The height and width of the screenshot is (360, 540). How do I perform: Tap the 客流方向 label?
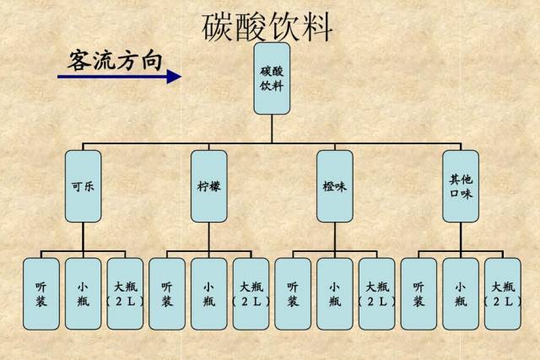click(115, 60)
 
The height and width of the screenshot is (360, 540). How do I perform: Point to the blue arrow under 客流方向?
click(119, 77)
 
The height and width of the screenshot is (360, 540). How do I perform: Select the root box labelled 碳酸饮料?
click(272, 78)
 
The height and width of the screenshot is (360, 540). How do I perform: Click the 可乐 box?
click(83, 186)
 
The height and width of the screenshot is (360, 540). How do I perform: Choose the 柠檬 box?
click(208, 186)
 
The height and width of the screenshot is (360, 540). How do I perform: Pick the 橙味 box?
click(334, 186)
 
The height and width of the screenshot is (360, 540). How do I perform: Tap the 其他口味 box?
click(461, 186)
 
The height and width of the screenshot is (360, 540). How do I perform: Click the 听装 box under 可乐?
click(41, 293)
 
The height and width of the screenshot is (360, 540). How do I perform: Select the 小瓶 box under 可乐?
click(83, 293)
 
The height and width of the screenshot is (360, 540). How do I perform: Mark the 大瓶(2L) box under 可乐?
click(124, 293)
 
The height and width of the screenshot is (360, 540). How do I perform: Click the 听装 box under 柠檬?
click(167, 293)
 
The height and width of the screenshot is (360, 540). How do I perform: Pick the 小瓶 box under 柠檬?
click(208, 293)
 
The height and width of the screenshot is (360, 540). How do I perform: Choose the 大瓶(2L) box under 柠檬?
click(251, 293)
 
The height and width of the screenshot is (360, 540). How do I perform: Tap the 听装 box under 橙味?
click(293, 293)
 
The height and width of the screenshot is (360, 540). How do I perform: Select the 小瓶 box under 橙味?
click(334, 293)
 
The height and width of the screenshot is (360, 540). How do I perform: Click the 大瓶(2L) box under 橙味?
click(376, 293)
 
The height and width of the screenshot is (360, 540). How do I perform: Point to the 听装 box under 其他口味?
click(418, 293)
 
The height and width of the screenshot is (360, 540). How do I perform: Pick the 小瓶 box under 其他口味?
click(461, 293)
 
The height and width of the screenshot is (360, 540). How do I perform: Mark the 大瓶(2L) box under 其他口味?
click(503, 293)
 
